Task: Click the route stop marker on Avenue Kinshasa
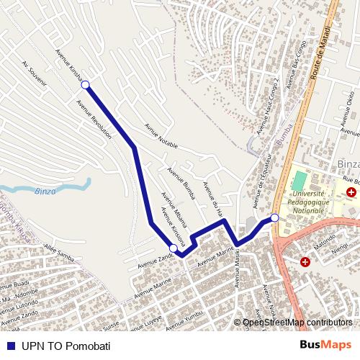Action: [x=86, y=85]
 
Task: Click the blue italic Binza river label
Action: [x=45, y=191]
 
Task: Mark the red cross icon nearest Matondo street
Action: [x=305, y=262]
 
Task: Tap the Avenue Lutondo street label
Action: [x=19, y=304]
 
